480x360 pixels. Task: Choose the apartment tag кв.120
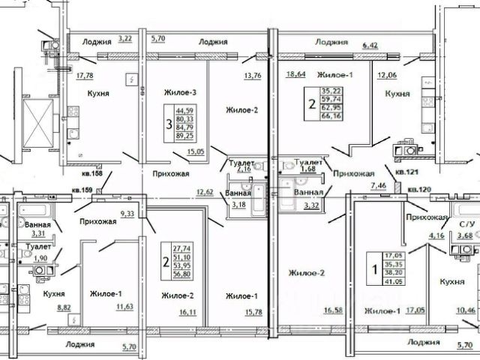point(420,190)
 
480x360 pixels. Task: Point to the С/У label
point(466,224)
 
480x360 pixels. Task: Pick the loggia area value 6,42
point(370,46)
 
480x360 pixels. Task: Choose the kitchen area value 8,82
point(64,307)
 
